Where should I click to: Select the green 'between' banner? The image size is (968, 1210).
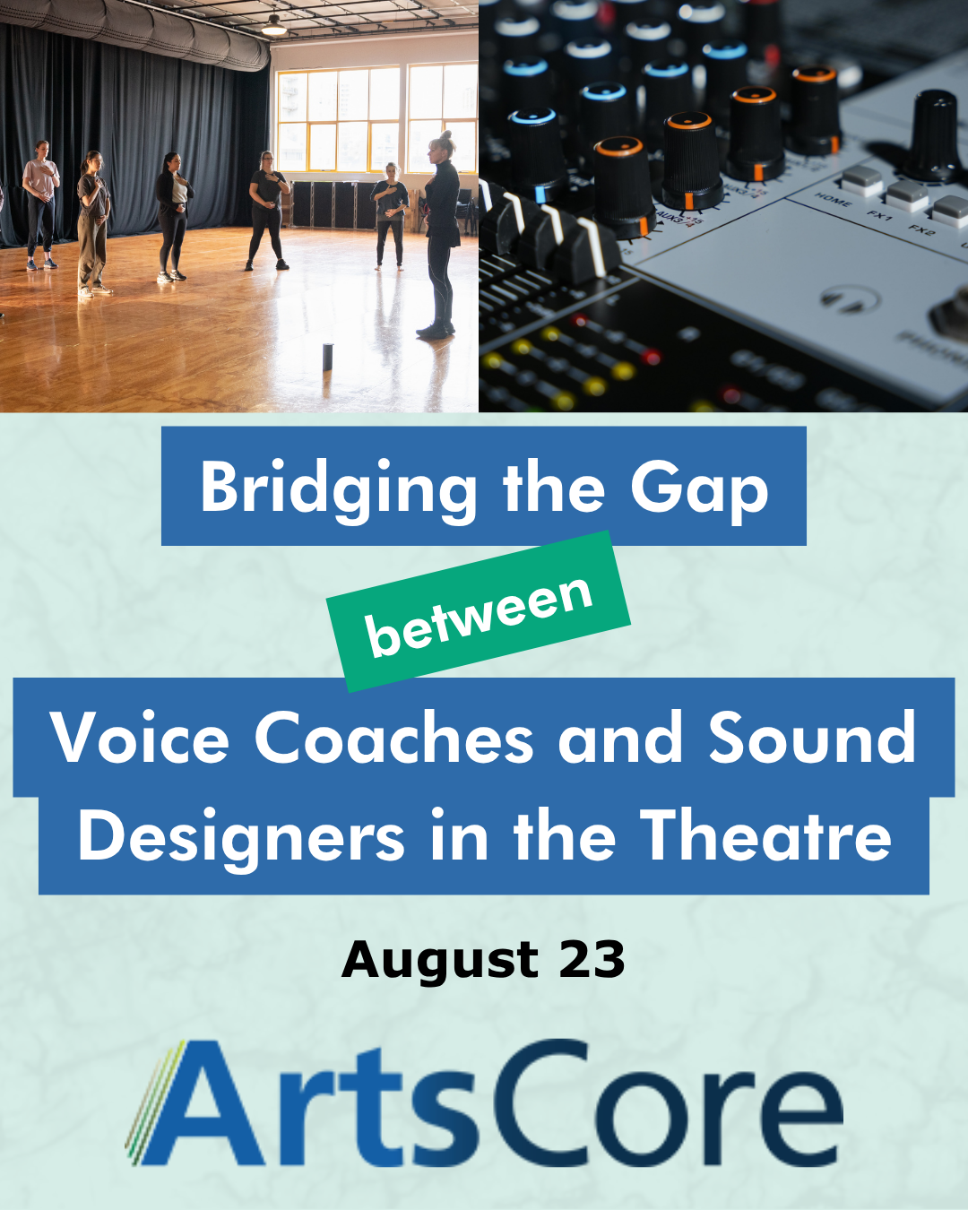[x=479, y=610]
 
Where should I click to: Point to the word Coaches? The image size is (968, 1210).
[x=394, y=737]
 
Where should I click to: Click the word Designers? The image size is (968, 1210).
[x=241, y=836]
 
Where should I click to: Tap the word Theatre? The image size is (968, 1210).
[x=765, y=834]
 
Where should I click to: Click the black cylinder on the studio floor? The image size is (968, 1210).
[x=328, y=357]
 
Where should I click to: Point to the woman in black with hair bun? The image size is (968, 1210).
[x=440, y=235]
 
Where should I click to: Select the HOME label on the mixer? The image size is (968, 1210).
[x=833, y=199]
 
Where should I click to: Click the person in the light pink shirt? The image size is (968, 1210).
[x=40, y=204]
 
